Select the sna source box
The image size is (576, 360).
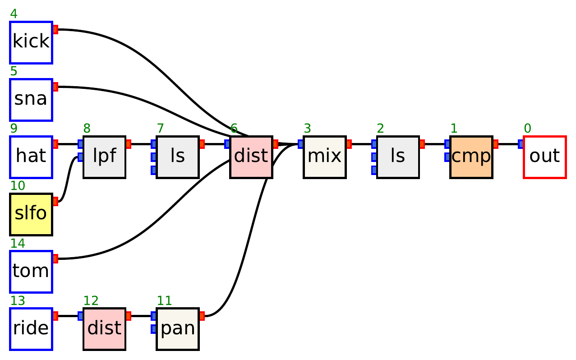31,100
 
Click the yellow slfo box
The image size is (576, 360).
31,214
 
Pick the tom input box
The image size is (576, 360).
31,272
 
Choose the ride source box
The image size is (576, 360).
31,329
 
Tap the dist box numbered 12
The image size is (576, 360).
104,329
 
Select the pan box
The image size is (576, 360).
178,329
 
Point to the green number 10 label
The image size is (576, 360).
18,186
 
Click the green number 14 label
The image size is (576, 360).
18,243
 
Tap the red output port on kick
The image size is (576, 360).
55,30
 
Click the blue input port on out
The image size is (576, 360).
521,144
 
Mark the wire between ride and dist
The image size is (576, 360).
68,316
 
